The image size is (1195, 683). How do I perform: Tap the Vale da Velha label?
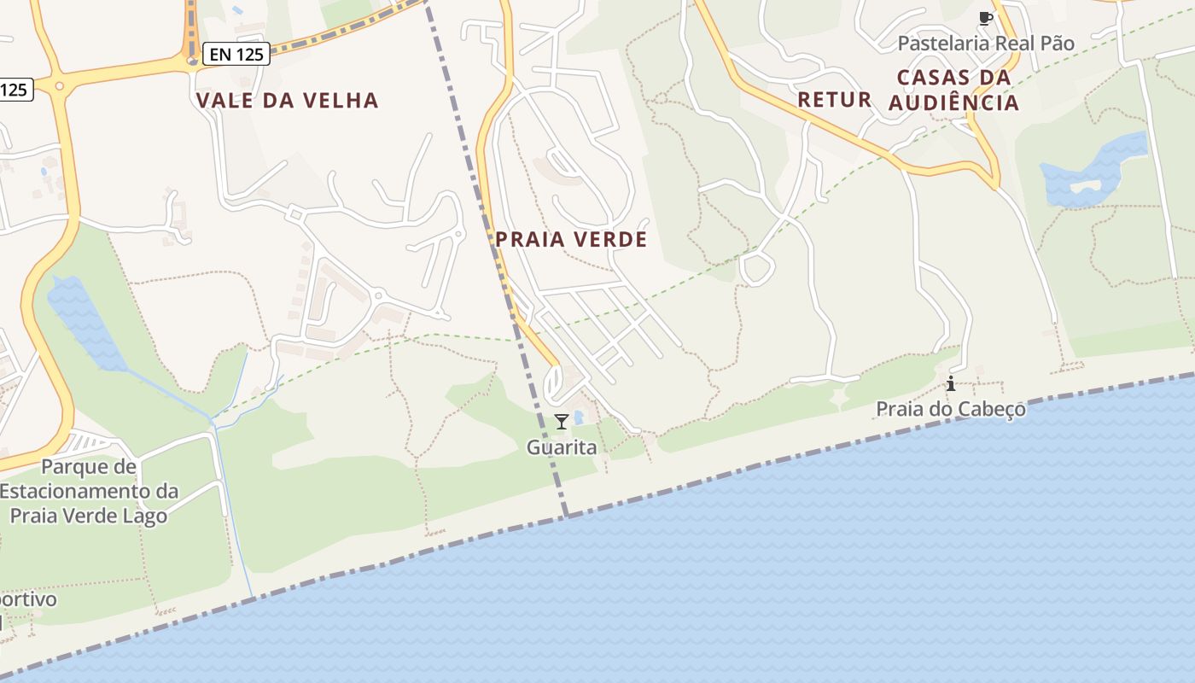coord(287,101)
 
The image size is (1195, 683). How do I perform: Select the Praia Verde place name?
coord(571,240)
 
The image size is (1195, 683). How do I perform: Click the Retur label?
coord(834,100)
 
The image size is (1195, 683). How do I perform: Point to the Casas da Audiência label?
coord(953,90)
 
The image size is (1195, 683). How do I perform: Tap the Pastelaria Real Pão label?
coord(986,43)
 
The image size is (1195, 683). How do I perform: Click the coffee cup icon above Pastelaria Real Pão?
coord(986,18)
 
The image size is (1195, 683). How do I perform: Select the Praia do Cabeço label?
coord(951,410)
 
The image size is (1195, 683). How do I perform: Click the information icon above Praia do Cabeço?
coord(951,383)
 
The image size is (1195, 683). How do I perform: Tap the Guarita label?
coord(561,447)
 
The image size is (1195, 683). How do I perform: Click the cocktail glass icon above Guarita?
coord(561,422)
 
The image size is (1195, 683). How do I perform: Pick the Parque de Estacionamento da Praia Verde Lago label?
coord(89,491)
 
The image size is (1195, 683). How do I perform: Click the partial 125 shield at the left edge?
coord(15,89)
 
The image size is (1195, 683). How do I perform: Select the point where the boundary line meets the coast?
coord(566,516)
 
